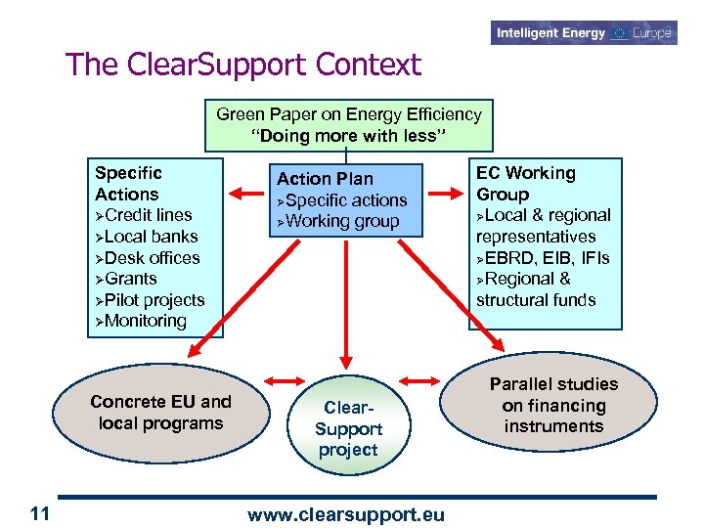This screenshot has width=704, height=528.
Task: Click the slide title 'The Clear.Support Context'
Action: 243,65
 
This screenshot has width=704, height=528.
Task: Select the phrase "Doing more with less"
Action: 349,136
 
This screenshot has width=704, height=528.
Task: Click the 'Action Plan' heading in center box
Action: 325,179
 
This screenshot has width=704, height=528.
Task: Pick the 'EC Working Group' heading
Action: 525,184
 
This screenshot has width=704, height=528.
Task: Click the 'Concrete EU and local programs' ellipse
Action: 161,413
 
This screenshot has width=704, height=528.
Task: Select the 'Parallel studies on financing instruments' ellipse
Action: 553,405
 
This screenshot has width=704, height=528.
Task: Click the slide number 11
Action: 40,514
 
